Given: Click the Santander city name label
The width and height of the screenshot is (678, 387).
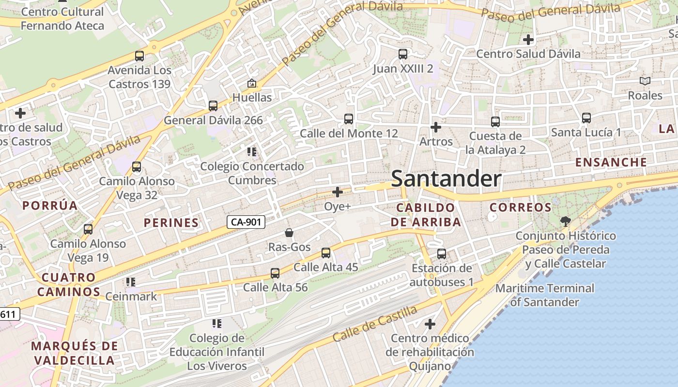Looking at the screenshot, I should [x=446, y=179].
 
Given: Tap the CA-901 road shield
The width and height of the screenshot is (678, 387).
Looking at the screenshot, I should [x=247, y=222].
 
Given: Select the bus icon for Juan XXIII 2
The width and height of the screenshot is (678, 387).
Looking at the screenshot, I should [x=403, y=54].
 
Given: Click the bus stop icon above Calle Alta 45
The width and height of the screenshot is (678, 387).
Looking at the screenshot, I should [x=326, y=253].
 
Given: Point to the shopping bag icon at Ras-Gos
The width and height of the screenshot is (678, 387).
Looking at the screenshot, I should [x=289, y=233].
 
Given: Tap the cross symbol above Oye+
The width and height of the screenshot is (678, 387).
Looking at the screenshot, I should [x=338, y=192].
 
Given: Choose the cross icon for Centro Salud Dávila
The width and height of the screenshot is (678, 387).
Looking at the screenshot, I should [x=528, y=39].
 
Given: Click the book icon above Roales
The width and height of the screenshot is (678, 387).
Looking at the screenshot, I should [x=645, y=81].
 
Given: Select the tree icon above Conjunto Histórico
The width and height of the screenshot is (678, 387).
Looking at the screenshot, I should [x=565, y=222].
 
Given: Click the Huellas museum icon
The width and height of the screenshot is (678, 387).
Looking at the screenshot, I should [x=252, y=83].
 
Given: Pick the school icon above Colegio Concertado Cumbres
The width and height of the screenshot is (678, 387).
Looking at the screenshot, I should [x=252, y=152].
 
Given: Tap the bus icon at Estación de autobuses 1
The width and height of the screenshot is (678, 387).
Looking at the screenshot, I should [x=442, y=254].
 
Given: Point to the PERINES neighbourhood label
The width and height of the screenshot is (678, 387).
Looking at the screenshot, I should [x=171, y=223].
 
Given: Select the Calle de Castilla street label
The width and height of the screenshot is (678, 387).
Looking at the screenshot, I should [x=375, y=323].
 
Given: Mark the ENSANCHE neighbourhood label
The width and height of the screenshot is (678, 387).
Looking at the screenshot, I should [x=611, y=162].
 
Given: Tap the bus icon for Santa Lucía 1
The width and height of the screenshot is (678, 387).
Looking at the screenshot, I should [x=586, y=118].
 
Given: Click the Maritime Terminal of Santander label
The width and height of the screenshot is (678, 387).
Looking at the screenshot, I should [x=545, y=295].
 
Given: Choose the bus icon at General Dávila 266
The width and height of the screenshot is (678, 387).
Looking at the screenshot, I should [x=213, y=106].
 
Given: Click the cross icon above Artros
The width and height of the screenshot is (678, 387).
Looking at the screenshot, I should [x=436, y=127].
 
